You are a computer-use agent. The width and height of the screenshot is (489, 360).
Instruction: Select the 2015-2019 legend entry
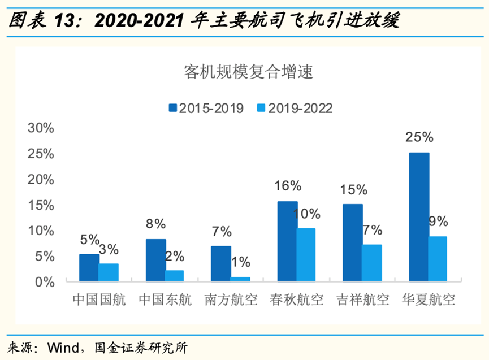click(x=205, y=108)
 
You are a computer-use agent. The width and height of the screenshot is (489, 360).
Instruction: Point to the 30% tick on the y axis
click(x=41, y=128)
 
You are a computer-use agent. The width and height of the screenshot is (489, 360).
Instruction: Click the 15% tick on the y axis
click(x=41, y=205)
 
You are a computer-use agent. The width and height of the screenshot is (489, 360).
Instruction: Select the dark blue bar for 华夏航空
click(x=418, y=217)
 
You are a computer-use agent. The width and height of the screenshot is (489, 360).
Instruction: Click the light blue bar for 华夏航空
click(x=438, y=259)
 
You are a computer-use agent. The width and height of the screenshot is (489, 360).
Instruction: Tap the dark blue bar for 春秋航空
click(x=287, y=241)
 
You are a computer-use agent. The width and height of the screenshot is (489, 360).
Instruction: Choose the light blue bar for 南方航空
click(x=240, y=279)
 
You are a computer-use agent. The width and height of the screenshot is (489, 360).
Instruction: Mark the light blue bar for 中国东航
click(x=174, y=276)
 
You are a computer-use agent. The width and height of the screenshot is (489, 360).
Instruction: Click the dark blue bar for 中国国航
click(x=89, y=268)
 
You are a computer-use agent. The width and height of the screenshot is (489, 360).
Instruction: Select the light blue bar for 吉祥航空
click(x=371, y=263)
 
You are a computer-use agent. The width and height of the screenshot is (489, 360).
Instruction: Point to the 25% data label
click(x=418, y=137)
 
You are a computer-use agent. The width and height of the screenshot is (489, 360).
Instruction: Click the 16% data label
click(x=287, y=186)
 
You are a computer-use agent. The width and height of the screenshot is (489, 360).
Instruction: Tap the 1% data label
click(x=240, y=262)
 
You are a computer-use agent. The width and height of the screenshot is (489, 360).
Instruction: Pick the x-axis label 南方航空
click(x=231, y=300)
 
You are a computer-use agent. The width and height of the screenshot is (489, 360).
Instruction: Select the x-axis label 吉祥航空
click(x=362, y=300)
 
